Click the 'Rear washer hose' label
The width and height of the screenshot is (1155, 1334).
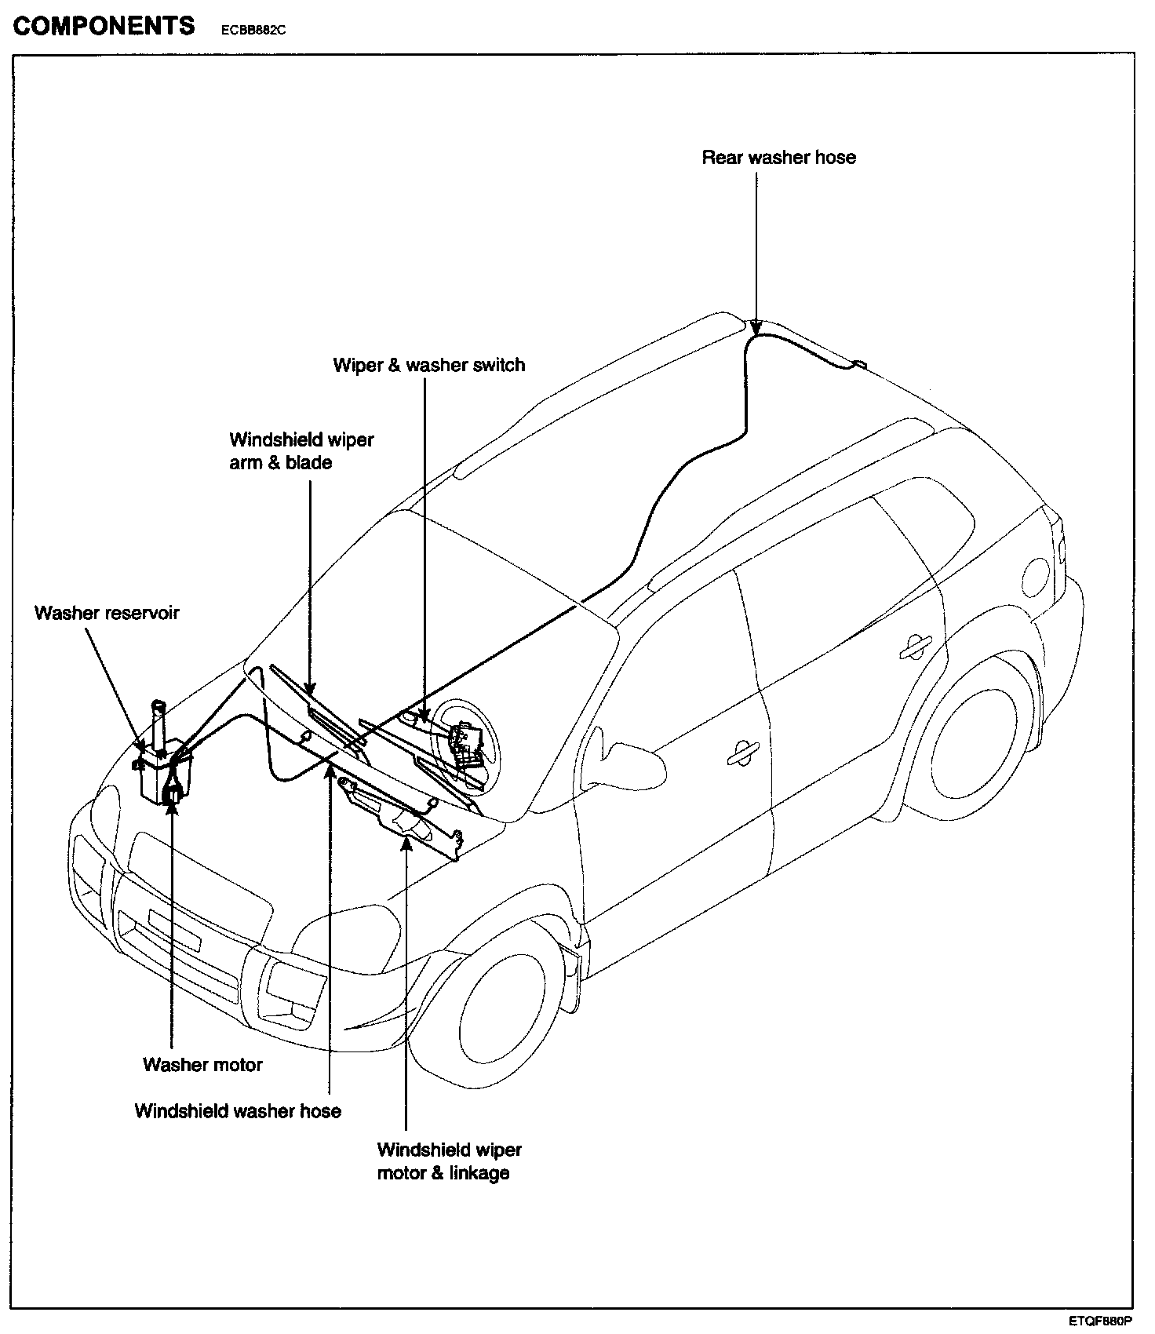(x=778, y=158)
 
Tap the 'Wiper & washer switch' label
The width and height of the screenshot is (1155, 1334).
(x=428, y=365)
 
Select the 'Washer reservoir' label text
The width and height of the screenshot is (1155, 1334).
(x=107, y=613)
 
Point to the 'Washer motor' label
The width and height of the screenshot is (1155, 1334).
(x=202, y=1065)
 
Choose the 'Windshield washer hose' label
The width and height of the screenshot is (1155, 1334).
(x=238, y=1111)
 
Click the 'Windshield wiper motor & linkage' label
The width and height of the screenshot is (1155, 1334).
(x=449, y=1161)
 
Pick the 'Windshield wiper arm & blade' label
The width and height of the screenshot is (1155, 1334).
(x=301, y=451)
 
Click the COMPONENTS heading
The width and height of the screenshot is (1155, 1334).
(x=104, y=26)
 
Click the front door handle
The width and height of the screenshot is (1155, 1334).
(x=741, y=752)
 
